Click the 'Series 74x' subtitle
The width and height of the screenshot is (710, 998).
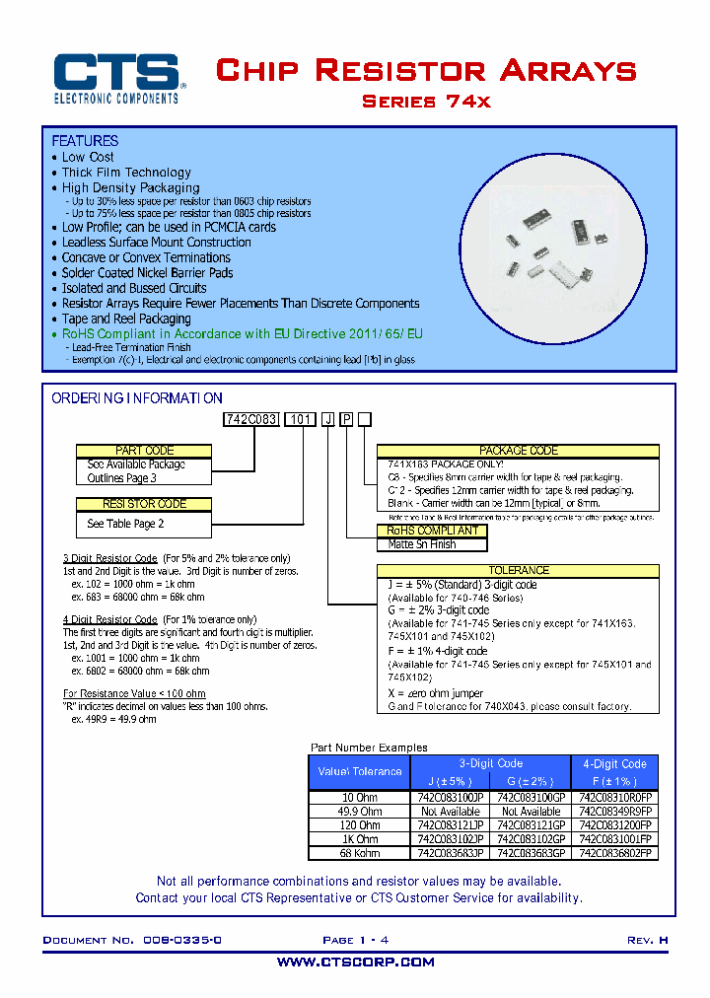click(426, 102)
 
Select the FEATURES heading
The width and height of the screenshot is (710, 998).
click(85, 141)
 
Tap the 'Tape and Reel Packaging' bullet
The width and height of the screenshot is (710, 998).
click(126, 319)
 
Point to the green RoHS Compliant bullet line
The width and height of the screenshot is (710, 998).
click(242, 334)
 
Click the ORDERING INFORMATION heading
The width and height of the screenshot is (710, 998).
click(137, 398)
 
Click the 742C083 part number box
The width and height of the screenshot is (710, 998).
click(252, 419)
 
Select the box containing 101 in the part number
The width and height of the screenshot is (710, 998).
click(300, 419)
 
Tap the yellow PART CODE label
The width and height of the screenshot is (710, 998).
click(144, 451)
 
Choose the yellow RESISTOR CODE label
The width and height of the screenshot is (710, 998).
click(144, 504)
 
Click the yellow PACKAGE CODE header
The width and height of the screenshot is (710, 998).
click(518, 451)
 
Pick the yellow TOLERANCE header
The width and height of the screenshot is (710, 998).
click(518, 570)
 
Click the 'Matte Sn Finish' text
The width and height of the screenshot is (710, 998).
click(422, 544)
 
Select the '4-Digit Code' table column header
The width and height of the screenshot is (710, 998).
click(614, 764)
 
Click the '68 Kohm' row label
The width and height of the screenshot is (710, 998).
click(359, 853)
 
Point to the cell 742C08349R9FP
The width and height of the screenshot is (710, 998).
click(614, 811)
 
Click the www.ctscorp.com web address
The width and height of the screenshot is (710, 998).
click(355, 962)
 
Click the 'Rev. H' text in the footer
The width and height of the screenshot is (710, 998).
click(647, 941)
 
